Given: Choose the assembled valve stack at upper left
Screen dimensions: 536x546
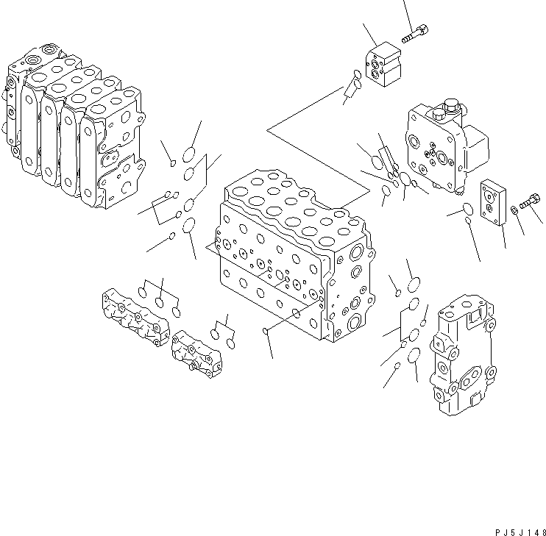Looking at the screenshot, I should tap(74, 125).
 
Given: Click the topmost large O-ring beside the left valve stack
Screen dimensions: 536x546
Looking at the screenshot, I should tap(188, 155).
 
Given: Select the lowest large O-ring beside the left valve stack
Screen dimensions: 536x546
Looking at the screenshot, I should tap(189, 224).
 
